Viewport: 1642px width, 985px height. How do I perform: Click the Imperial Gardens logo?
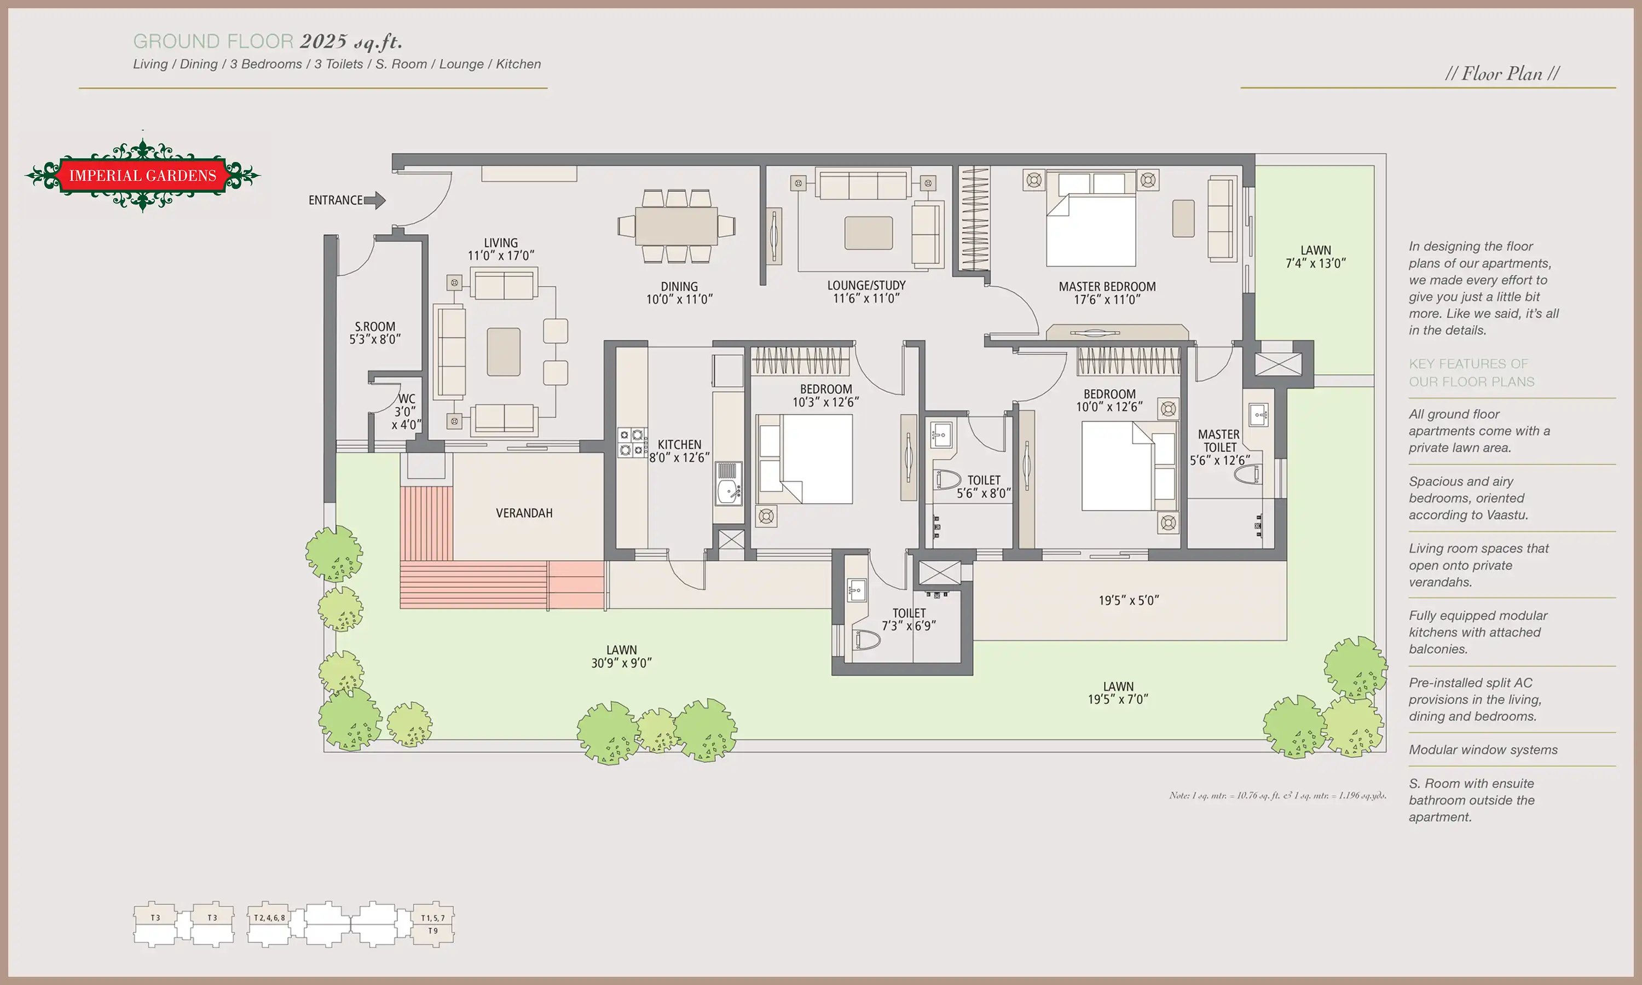[x=143, y=175]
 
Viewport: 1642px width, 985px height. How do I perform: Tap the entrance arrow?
[x=375, y=200]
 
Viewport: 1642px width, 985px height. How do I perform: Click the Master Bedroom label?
[x=1107, y=287]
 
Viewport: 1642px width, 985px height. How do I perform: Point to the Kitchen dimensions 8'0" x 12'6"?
[x=680, y=457]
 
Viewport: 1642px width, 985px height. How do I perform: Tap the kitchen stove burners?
[x=631, y=443]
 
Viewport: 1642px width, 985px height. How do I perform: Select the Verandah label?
[x=524, y=513]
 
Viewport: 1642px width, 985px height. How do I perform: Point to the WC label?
[x=406, y=399]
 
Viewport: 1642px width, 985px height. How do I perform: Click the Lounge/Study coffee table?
[x=868, y=233]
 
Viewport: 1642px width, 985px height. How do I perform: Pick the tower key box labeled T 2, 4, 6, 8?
[x=269, y=923]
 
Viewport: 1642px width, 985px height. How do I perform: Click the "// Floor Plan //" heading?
[x=1502, y=74]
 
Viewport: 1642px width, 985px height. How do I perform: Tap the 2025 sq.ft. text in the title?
[x=351, y=42]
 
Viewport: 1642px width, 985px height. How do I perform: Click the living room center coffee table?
[x=503, y=352]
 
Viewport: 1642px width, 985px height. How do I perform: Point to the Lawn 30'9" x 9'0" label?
[x=621, y=657]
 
